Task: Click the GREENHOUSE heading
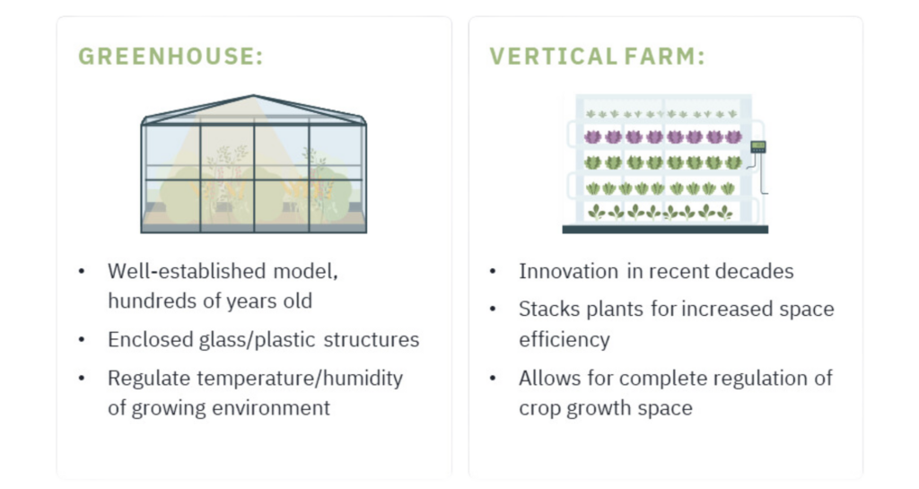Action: (x=171, y=57)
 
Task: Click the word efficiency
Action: (x=565, y=340)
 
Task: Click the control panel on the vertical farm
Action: (x=758, y=147)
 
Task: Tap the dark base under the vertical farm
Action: (x=665, y=230)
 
